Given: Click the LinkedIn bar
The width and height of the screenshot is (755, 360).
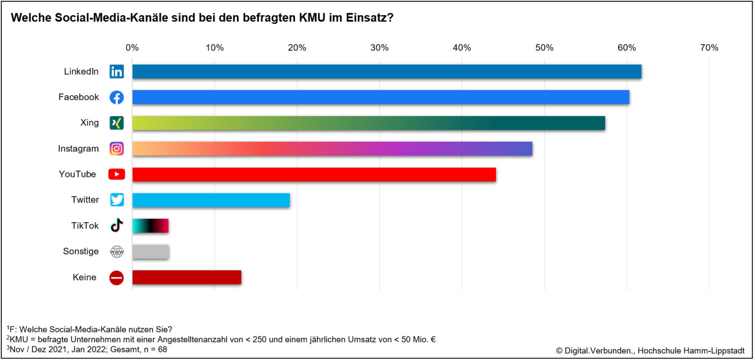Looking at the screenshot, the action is tap(386, 71).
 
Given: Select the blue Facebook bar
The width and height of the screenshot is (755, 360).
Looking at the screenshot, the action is tap(380, 97).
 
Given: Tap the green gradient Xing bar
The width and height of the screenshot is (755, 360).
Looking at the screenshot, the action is tap(369, 123).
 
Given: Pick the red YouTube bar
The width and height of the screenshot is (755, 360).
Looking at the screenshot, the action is tap(314, 174).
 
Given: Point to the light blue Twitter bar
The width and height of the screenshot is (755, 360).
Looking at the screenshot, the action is tap(211, 200).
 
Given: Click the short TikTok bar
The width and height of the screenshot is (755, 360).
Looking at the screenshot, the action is tap(151, 226).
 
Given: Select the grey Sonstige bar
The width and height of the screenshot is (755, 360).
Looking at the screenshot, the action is tap(151, 251).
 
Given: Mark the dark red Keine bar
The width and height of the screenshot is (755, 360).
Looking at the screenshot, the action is tap(187, 277).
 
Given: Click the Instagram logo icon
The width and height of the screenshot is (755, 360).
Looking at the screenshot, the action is tap(117, 149).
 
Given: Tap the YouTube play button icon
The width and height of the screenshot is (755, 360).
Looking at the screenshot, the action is tap(117, 174).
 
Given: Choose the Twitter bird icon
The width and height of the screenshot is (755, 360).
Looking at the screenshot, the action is tap(117, 200).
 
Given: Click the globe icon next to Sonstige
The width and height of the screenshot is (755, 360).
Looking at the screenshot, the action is tap(117, 251).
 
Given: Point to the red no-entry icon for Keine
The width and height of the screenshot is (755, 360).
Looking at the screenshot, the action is tap(117, 277).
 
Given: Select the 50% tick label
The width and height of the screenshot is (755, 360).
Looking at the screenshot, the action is tap(545, 48).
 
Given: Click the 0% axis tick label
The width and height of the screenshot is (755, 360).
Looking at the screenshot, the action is tap(132, 48).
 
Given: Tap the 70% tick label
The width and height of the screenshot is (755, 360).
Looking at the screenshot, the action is tap(709, 48).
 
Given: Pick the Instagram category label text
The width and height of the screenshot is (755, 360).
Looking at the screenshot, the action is tap(78, 149).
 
